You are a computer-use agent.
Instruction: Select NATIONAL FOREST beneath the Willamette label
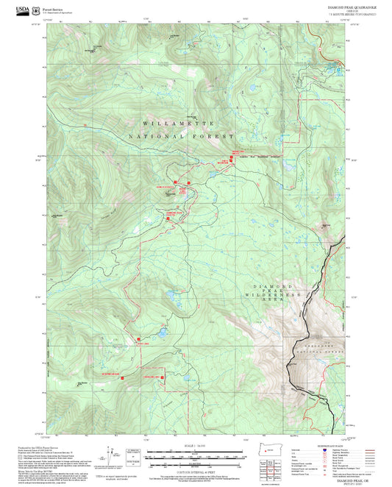click(181, 137)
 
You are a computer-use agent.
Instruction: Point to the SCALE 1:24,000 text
click(196, 447)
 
